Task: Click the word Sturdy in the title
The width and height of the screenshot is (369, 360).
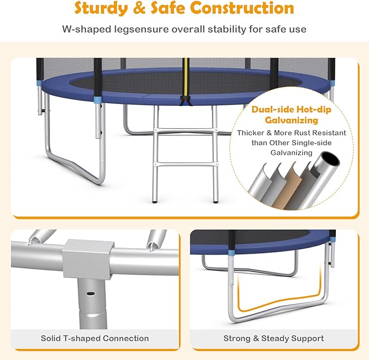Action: pos(102,8)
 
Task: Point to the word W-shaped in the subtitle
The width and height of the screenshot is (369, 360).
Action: pos(86,30)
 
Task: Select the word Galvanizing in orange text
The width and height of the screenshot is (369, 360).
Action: pos(291,120)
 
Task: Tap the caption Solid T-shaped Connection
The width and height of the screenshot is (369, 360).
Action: pos(95,338)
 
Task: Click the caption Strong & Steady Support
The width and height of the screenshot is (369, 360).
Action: pos(273,338)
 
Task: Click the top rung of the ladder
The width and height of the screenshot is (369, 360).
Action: pos(186,130)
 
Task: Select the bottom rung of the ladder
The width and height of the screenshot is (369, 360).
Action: pos(186,164)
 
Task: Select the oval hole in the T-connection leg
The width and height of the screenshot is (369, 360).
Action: pos(90,293)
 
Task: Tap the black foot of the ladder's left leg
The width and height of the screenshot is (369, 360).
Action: pos(155,201)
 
